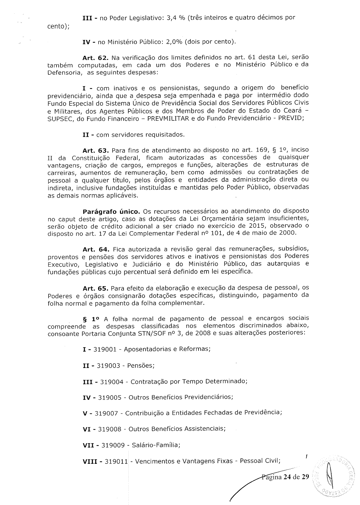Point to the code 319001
coord(105,349)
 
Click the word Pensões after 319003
coord(141,366)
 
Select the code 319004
coord(112,382)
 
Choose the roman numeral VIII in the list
coord(91,461)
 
